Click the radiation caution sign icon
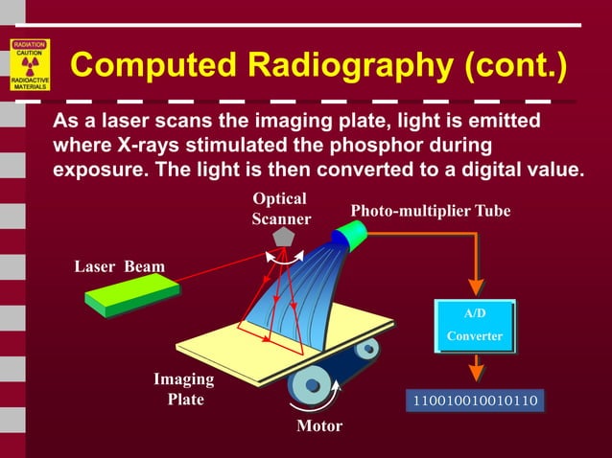(x=30, y=64)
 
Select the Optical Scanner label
(x=280, y=209)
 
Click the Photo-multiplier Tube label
(x=430, y=211)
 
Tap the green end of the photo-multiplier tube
(x=355, y=233)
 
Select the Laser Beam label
(x=120, y=266)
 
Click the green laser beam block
(x=132, y=297)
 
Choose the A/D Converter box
(x=475, y=325)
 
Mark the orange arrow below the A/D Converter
(x=475, y=369)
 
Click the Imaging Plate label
(x=184, y=389)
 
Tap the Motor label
(x=319, y=425)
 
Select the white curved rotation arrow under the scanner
(x=285, y=257)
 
